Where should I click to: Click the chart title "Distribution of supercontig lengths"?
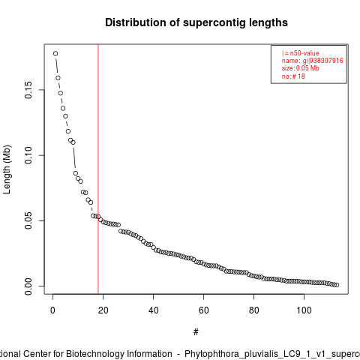coord(196,22)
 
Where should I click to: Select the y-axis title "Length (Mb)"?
coord(7,169)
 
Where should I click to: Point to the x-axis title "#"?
coord(196,332)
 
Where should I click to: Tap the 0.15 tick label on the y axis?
coord(28,90)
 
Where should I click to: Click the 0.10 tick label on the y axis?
coord(28,155)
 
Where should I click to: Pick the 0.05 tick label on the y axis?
coord(28,220)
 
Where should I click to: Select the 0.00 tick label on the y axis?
coord(28,286)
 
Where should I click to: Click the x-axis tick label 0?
coord(52,310)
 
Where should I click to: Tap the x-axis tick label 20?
coord(103,310)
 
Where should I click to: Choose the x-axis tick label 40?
coord(153,310)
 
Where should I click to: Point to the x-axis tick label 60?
coord(203,310)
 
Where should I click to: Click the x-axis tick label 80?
coord(253,310)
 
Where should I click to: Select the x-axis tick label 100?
coord(304,310)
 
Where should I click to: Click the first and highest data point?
coord(55,53)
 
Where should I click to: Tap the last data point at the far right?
coord(337,285)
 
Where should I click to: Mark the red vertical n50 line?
coord(98,169)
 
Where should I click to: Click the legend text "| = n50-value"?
coord(301,53)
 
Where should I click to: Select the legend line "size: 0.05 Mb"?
coord(301,68)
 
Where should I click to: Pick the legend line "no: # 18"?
coord(293,76)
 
